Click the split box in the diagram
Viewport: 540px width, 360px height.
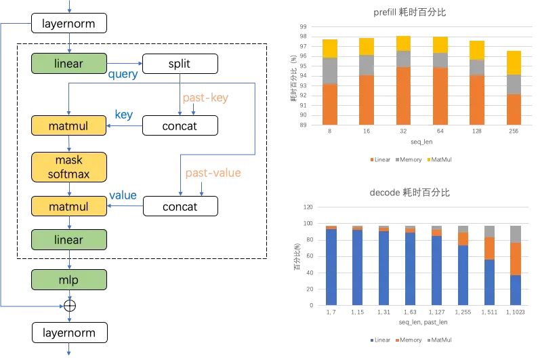coord(180,64)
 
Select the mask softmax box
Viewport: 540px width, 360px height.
coord(68,167)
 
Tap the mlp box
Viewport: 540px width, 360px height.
coord(68,279)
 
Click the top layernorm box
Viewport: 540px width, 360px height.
coord(68,24)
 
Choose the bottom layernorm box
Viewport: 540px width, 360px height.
coord(68,332)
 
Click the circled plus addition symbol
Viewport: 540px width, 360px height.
coord(69,306)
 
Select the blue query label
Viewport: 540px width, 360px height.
coord(123,75)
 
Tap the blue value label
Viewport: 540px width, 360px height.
coord(123,195)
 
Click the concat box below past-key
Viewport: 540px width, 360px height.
coord(180,125)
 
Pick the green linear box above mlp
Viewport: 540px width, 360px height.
coord(68,240)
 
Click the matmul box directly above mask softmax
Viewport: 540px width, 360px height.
coord(68,125)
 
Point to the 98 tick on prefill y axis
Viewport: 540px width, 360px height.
coord(304,36)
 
